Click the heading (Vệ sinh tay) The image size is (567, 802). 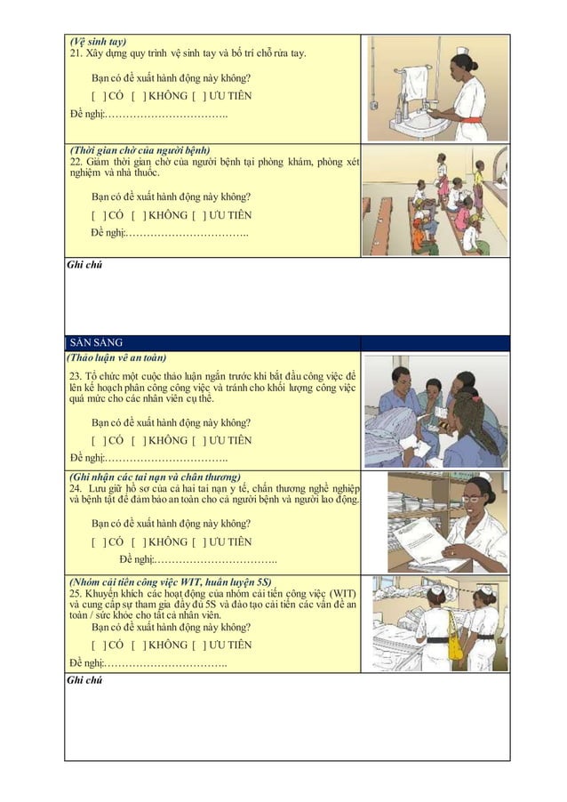tap(98, 41)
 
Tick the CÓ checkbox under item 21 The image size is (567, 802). tap(98, 96)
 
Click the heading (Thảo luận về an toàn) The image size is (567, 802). tap(116, 357)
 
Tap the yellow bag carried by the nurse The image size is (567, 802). tap(455, 644)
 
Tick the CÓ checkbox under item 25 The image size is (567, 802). tap(98, 645)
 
